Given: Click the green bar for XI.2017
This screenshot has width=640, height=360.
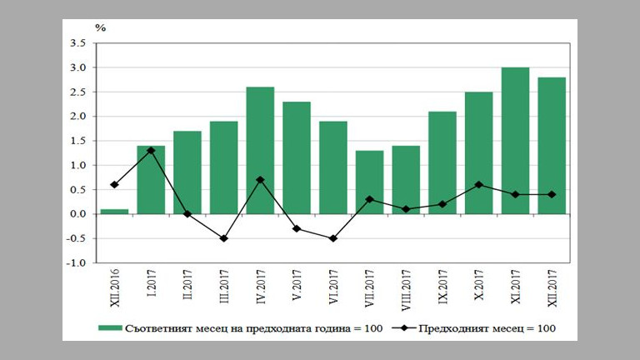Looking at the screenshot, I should click(x=515, y=141).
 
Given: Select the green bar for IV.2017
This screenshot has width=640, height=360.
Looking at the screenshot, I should click(x=260, y=150).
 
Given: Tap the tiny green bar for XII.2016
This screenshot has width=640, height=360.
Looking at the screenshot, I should click(x=114, y=212).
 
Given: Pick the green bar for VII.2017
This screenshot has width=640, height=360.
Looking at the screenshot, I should click(x=369, y=182).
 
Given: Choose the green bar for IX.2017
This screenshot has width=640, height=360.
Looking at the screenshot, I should click(x=442, y=162).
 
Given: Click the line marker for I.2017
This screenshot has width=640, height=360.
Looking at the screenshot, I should click(x=151, y=151).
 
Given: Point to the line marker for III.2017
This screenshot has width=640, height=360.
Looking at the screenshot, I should click(x=223, y=238).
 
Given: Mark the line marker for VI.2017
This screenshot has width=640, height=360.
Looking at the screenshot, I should click(x=333, y=238).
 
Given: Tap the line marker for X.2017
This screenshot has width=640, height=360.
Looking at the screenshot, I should click(x=478, y=185).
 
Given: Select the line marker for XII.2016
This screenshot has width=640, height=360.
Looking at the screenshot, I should click(x=114, y=185).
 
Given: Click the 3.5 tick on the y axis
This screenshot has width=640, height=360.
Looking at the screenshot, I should click(x=77, y=43).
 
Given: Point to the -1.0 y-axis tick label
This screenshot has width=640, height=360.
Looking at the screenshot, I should click(x=76, y=263).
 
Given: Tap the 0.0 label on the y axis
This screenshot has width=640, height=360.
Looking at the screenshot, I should click(x=77, y=214).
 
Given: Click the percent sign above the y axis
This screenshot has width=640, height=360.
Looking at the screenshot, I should click(x=100, y=27).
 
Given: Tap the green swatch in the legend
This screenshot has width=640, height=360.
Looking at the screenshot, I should click(x=107, y=328).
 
